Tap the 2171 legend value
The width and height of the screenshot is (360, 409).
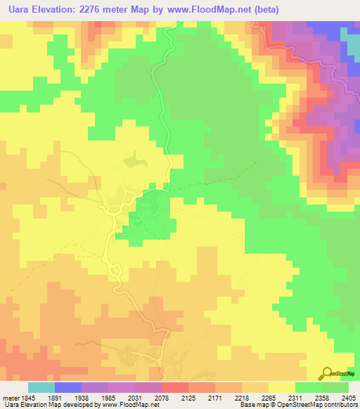[224, 397]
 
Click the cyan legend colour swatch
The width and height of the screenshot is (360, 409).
[41, 387]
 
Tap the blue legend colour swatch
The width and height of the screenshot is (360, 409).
[67, 387]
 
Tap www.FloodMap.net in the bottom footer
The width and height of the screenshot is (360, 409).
[134, 405]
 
